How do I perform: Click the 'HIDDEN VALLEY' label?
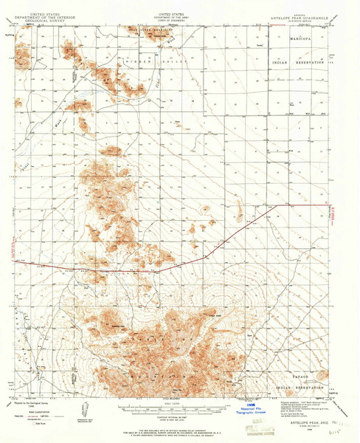tap(144, 64)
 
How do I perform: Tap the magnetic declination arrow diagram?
tap(83, 406)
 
